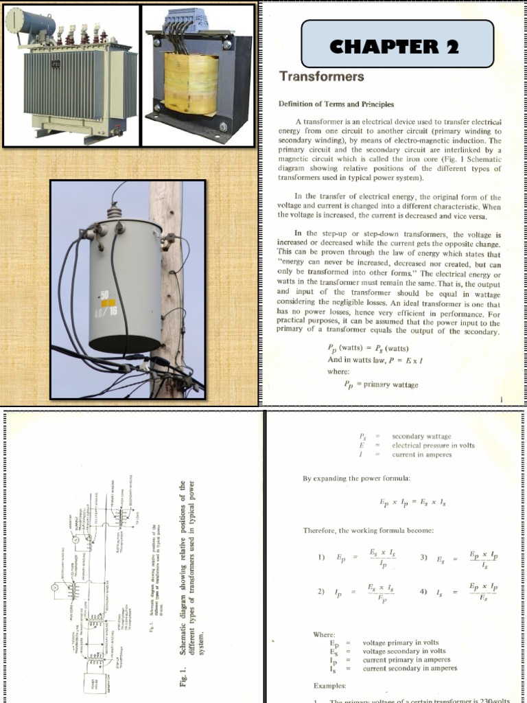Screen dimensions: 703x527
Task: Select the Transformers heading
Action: [320, 76]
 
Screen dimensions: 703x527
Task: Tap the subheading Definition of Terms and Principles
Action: [336, 104]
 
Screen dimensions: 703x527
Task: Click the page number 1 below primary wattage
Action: [502, 399]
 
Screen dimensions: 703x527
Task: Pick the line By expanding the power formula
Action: [357, 479]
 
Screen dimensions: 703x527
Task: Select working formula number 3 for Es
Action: [459, 558]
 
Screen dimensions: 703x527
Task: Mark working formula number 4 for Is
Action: [459, 591]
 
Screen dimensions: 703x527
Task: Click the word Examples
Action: [330, 686]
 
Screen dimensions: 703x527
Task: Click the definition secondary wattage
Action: [421, 437]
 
